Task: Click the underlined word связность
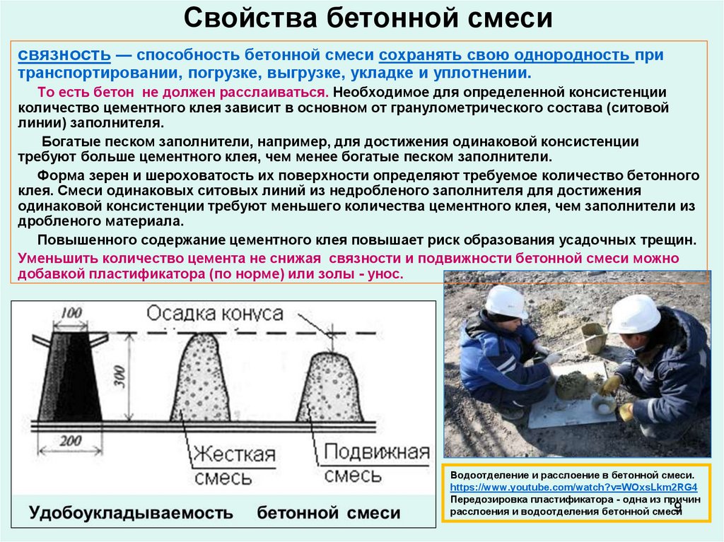coord(64,54)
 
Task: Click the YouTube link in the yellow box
coord(573,487)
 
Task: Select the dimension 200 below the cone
coord(70,441)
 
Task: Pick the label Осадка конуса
coord(214,314)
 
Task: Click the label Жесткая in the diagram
coord(234,454)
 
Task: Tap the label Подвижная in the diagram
coord(377,452)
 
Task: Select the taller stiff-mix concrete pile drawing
coord(200,377)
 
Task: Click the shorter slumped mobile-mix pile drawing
coord(329,387)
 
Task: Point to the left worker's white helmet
coord(506,302)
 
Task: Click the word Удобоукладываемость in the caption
coord(131,513)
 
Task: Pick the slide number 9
coord(677,507)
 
